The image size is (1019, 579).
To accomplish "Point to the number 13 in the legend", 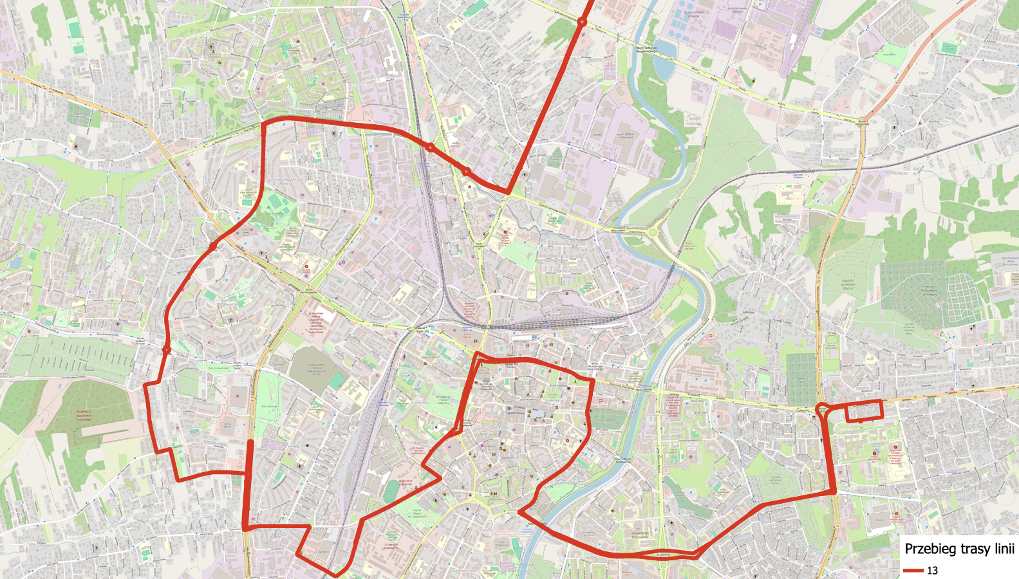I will click(x=932, y=571).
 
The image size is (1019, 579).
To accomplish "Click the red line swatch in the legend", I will click(x=913, y=571).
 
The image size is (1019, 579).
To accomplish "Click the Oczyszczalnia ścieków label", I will click(x=693, y=14).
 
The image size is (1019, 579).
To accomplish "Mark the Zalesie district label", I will click(x=923, y=73).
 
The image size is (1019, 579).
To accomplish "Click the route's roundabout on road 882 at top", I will click(x=582, y=23).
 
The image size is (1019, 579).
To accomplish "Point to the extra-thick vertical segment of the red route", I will click(x=250, y=457).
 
